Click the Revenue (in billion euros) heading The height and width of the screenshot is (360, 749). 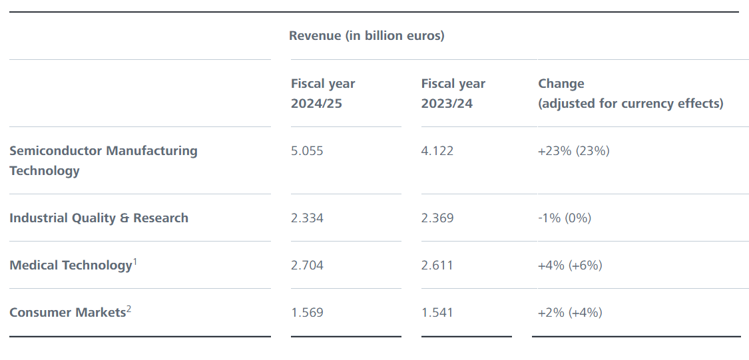tap(366, 36)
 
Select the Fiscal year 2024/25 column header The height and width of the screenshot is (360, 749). tap(323, 93)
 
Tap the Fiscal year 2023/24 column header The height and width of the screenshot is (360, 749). tap(453, 93)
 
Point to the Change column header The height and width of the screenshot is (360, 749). tap(630, 93)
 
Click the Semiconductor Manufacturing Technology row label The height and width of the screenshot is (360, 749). tap(103, 160)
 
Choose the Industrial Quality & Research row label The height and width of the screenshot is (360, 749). tap(99, 218)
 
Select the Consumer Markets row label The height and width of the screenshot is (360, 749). tap(67, 313)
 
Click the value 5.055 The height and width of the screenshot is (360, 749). tap(307, 151)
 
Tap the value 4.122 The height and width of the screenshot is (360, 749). tap(437, 151)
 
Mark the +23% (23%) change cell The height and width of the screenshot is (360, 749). tap(573, 151)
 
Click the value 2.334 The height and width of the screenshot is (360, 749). tap(307, 218)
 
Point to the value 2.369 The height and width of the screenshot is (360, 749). tap(437, 218)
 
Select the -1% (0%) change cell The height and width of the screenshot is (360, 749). tap(564, 218)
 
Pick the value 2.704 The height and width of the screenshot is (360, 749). tap(307, 266)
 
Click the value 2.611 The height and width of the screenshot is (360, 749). tap(437, 266)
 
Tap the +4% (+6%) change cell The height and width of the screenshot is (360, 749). tap(570, 266)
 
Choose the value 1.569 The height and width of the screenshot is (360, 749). tap(307, 313)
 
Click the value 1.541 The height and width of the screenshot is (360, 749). tap(437, 313)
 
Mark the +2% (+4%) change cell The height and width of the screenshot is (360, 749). tap(570, 313)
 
